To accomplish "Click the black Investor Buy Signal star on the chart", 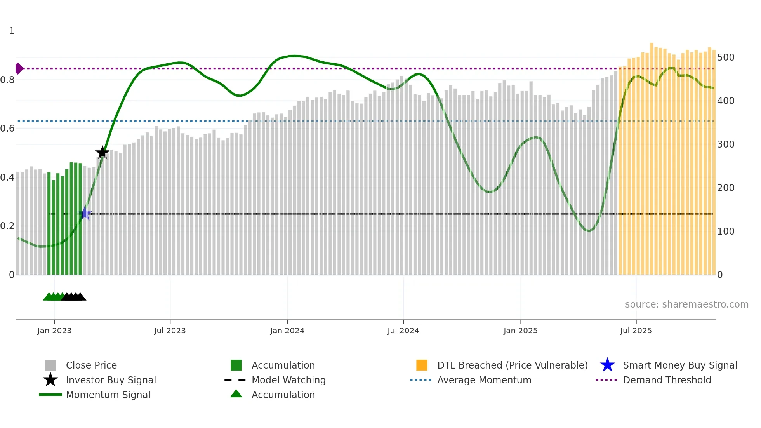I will click(103, 152).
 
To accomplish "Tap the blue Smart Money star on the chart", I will click(85, 213).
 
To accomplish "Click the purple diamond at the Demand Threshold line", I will click(19, 68).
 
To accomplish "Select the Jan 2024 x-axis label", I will click(287, 331).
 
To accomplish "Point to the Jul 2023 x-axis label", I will click(170, 331).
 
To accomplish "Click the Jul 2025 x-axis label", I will click(636, 331).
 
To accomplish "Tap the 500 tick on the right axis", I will click(726, 57).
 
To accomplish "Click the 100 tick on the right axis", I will click(726, 231).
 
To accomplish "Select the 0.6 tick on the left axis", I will click(8, 129).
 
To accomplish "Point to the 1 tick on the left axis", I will click(12, 31).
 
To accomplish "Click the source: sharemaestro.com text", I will click(686, 304).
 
